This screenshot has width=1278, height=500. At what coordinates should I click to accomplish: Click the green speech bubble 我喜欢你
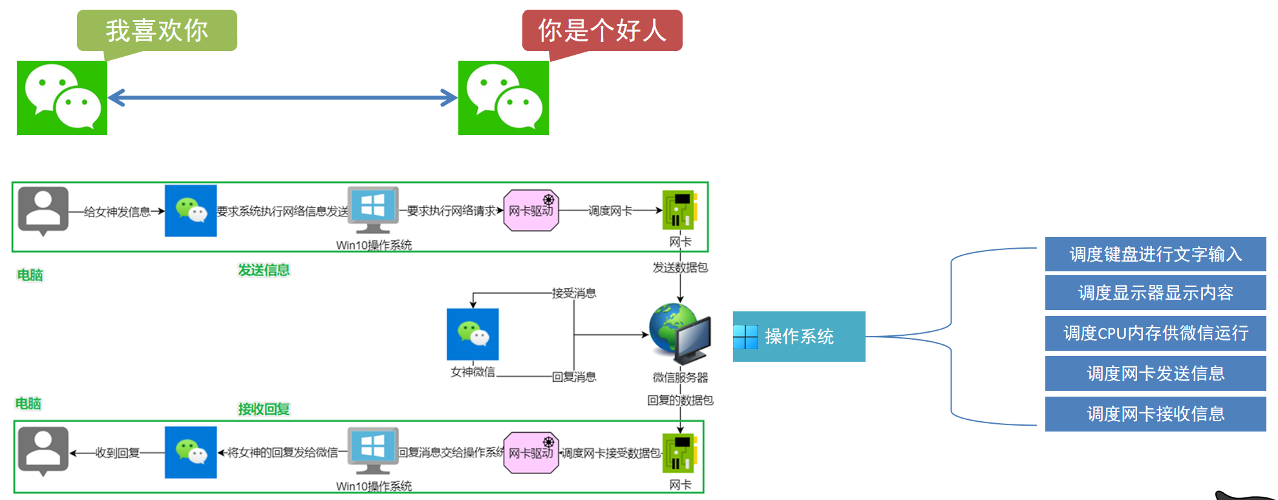pyautogui.click(x=157, y=30)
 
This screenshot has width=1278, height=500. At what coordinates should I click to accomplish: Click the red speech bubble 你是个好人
pyautogui.click(x=602, y=30)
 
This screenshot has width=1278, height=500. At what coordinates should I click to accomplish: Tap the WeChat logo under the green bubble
pyautogui.click(x=62, y=98)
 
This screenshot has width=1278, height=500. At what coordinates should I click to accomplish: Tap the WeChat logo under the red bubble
pyautogui.click(x=504, y=98)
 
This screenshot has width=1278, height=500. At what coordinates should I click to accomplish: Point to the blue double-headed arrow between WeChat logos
pyautogui.click(x=282, y=98)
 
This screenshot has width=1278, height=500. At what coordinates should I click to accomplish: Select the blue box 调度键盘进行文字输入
pyautogui.click(x=1155, y=254)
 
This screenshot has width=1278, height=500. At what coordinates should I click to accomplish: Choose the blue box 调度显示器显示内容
pyautogui.click(x=1155, y=293)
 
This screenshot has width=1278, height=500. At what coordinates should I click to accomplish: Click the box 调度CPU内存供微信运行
pyautogui.click(x=1155, y=333)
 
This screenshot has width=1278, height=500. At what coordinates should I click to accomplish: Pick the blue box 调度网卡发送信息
pyautogui.click(x=1155, y=373)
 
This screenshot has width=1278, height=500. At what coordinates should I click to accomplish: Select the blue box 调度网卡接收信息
pyautogui.click(x=1155, y=414)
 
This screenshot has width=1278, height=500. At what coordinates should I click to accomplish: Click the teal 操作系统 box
pyautogui.click(x=799, y=337)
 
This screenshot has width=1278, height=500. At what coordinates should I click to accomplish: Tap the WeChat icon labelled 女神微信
pyautogui.click(x=473, y=334)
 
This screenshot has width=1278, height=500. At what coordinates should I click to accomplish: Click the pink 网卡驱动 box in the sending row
pyautogui.click(x=531, y=211)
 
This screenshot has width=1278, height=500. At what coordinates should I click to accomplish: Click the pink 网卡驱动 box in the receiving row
pyautogui.click(x=531, y=453)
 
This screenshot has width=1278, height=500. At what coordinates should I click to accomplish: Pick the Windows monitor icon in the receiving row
pyautogui.click(x=373, y=451)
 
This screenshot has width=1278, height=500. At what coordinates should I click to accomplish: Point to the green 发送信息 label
pyautogui.click(x=264, y=270)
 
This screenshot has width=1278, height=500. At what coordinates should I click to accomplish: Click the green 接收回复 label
pyautogui.click(x=264, y=409)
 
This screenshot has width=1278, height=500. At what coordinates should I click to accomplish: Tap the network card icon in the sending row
pyautogui.click(x=679, y=210)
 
